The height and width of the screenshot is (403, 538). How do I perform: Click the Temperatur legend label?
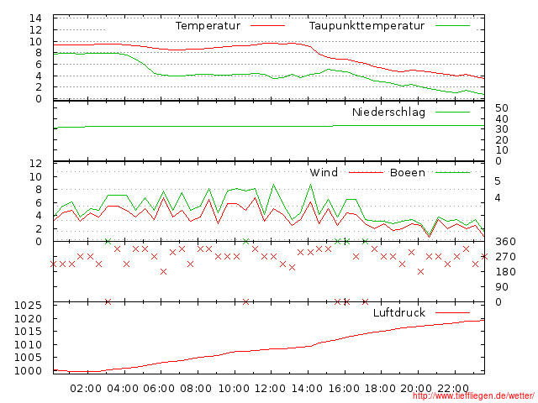point(208,26)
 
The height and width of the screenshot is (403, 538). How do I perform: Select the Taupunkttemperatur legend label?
point(366,26)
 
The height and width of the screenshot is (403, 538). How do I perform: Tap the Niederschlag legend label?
point(388,112)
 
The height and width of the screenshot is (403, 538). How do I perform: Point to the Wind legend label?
point(324,173)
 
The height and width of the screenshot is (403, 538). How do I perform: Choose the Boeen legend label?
point(407,173)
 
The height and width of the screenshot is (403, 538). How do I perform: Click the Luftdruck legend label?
point(399,312)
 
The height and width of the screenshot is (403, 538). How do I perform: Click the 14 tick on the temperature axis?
point(36,18)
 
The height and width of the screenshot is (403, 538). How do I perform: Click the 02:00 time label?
point(87,389)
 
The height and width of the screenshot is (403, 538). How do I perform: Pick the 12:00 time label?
point(270,389)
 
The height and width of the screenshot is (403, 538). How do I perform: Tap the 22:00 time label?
point(454,389)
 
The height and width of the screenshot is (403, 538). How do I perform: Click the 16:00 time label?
point(344,389)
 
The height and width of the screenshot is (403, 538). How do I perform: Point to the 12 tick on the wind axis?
point(36,163)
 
